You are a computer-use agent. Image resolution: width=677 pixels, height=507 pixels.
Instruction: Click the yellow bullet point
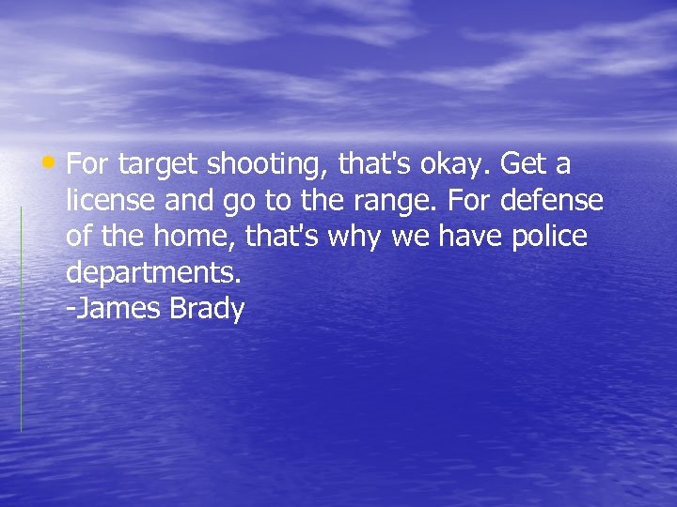(57, 163)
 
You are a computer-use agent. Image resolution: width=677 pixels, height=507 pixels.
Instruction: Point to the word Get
(524, 164)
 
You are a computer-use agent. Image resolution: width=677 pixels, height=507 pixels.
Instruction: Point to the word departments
(154, 273)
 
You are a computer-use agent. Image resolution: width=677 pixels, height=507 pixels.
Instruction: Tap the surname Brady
(207, 310)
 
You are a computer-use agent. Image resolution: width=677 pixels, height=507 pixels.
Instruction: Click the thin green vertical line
(21, 319)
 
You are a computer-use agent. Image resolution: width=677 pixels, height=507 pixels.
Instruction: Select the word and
(195, 201)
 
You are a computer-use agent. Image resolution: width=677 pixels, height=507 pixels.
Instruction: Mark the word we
(409, 238)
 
